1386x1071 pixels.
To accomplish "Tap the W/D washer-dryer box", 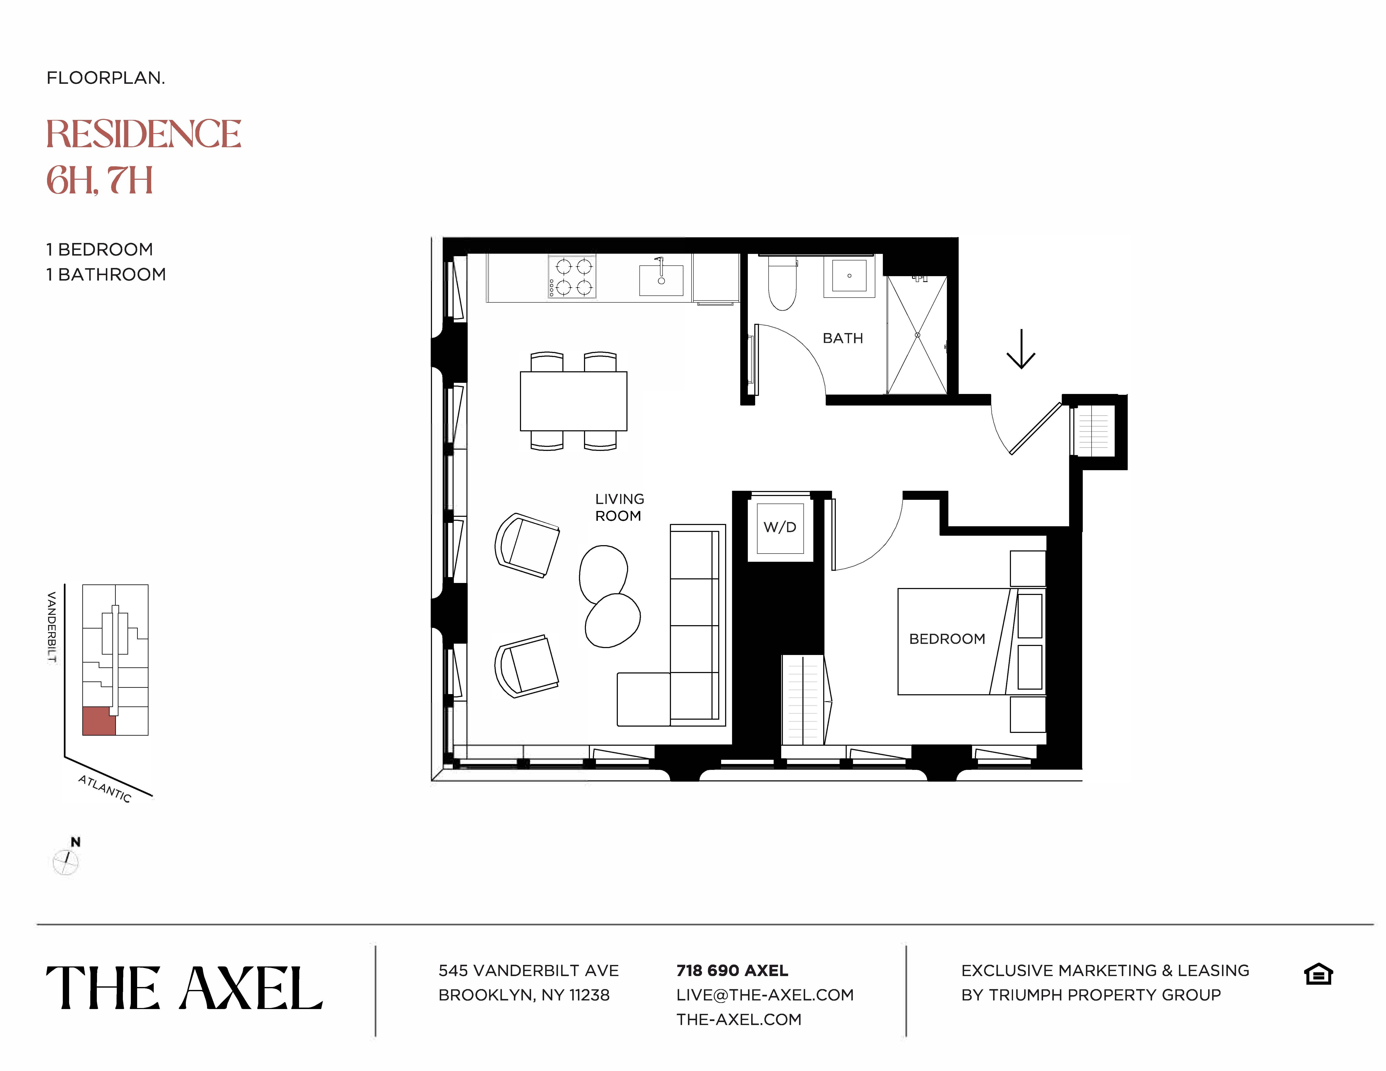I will [x=780, y=527].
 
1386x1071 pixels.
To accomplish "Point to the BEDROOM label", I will [x=947, y=639].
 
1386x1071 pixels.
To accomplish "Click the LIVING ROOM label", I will [x=619, y=508].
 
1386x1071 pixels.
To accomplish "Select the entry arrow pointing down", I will [x=1020, y=349].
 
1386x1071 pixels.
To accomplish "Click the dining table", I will [x=573, y=401].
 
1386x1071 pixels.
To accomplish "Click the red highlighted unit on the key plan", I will [x=99, y=721].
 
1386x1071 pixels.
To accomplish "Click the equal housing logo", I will [x=1318, y=974].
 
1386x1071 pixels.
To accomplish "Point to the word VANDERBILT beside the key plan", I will [x=52, y=627].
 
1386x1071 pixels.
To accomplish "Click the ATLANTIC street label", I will [x=105, y=789].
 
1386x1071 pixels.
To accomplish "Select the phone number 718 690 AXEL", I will [x=732, y=971].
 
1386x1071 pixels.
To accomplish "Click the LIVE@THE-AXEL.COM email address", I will [x=765, y=995].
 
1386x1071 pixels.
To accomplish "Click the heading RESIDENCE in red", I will [x=143, y=135].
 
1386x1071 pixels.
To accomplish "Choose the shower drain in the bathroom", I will [x=917, y=335].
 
